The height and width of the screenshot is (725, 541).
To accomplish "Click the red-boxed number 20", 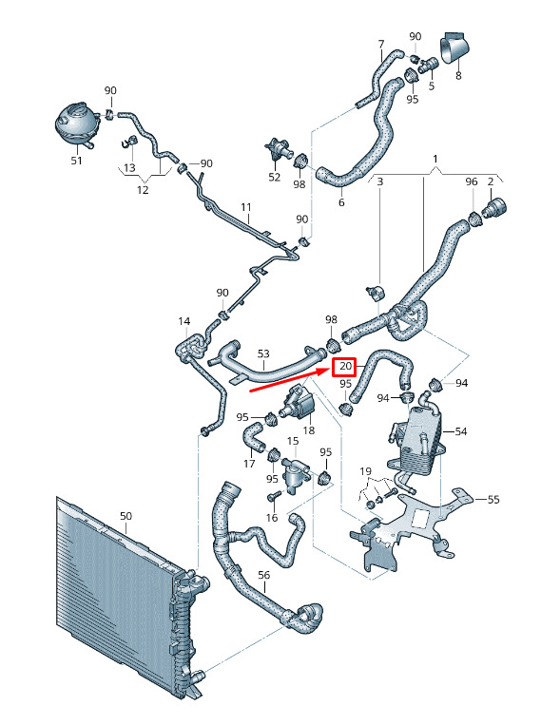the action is (x=345, y=367).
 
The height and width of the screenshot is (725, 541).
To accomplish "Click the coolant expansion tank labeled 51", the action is (x=76, y=124).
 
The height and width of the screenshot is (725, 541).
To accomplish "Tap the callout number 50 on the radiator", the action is (x=126, y=516).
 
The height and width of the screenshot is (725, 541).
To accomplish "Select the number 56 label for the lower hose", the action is (x=263, y=575).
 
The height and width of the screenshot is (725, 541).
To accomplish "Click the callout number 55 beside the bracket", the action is (x=493, y=500).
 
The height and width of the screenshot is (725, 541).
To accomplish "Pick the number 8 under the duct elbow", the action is (x=458, y=75).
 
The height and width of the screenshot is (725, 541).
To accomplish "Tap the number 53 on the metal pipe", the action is (x=263, y=353).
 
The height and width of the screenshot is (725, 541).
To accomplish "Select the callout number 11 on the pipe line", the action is (x=245, y=207).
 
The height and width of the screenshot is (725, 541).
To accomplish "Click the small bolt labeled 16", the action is (x=273, y=497).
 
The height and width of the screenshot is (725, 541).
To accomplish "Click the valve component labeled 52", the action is (x=278, y=150).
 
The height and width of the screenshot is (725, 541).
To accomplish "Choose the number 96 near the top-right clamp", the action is (x=472, y=181).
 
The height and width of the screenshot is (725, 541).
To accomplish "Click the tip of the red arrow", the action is (x=330, y=369).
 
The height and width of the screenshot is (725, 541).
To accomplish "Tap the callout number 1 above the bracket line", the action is (x=435, y=159).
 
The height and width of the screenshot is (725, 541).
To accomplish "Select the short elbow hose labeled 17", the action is (x=253, y=437).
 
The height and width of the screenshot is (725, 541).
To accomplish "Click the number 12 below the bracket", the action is (x=143, y=190).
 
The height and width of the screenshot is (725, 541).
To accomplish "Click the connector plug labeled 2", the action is (x=493, y=208).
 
